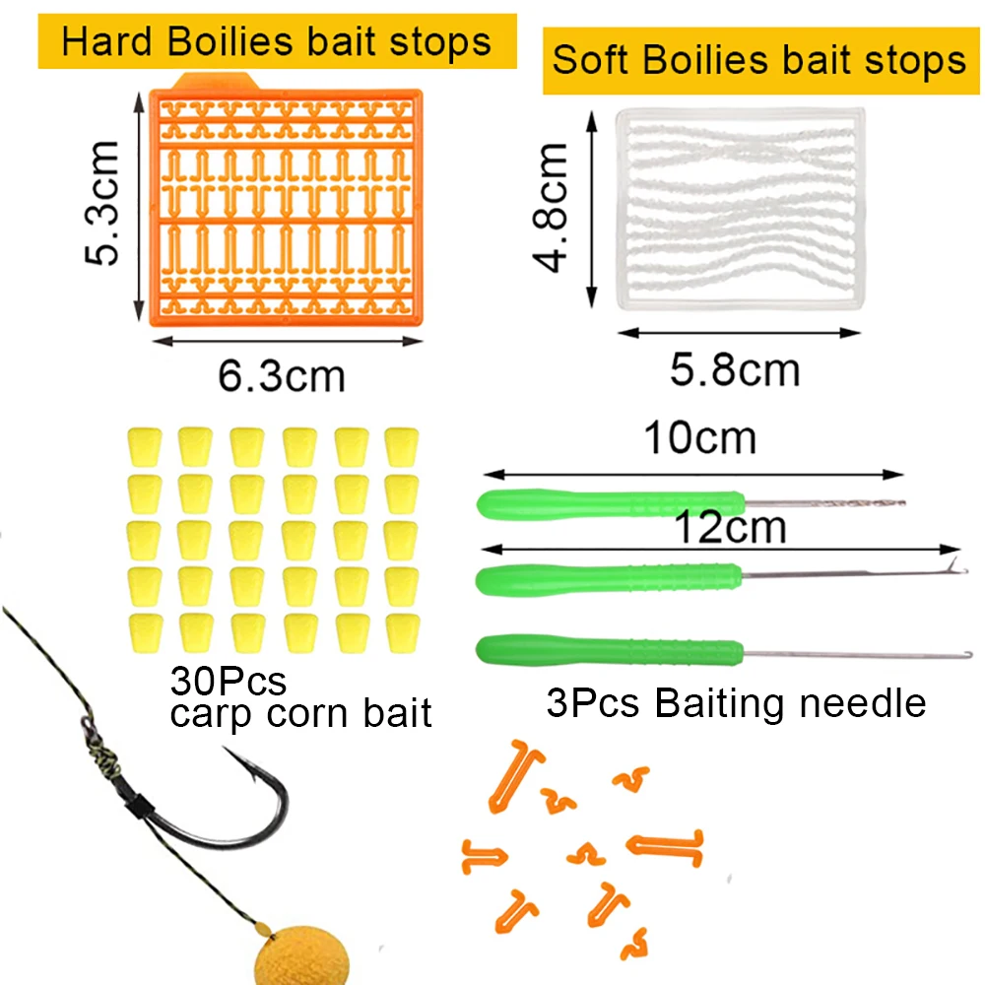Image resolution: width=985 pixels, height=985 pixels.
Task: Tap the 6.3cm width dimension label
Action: click(x=281, y=376)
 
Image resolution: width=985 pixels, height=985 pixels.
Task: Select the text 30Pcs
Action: click(x=228, y=680)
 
